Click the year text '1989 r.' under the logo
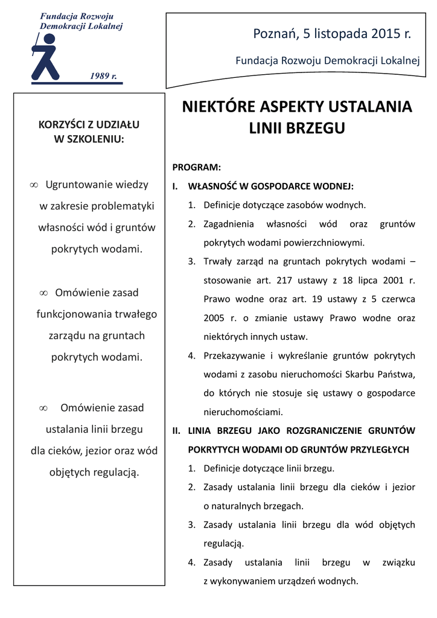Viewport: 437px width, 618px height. point(103,76)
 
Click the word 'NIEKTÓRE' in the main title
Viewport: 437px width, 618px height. point(218,107)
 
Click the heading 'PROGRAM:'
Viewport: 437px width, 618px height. point(197,167)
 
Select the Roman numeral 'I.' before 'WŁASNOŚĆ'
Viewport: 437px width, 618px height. point(176,186)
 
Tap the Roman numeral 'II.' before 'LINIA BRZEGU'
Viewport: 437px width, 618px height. point(177,431)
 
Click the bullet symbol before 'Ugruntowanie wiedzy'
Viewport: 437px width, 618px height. point(34,185)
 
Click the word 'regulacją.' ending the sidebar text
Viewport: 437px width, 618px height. point(116,472)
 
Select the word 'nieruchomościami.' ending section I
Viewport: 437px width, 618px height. point(243,413)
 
